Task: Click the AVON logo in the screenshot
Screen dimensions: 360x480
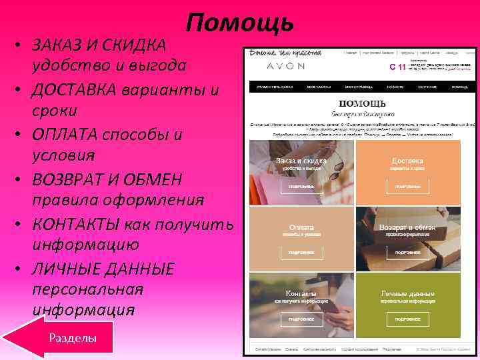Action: [x=285, y=66]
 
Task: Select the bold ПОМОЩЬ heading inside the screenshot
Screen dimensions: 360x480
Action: [x=362, y=103]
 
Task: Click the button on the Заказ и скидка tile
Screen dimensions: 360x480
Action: [x=301, y=187]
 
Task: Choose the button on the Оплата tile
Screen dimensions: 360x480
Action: [x=301, y=253]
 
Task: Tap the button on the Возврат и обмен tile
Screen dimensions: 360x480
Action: [x=407, y=253]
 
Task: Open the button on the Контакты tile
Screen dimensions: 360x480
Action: [x=301, y=319]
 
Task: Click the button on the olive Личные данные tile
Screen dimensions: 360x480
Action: [x=407, y=319]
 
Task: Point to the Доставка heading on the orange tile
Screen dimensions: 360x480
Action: [x=407, y=161]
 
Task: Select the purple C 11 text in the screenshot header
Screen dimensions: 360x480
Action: [x=397, y=67]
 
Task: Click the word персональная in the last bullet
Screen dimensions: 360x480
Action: [x=87, y=290]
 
